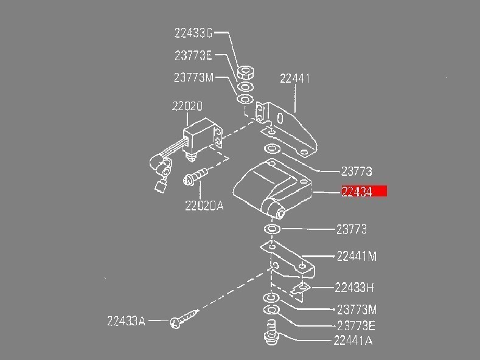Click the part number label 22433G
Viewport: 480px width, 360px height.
[193, 33]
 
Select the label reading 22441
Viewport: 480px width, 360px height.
[295, 78]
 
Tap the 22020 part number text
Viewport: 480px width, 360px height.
[187, 106]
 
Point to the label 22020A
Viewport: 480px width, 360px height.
[204, 206]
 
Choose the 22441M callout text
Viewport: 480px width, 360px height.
[356, 257]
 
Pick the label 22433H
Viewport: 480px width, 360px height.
[354, 288]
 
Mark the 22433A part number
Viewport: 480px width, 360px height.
[126, 321]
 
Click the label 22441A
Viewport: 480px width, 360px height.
[352, 341]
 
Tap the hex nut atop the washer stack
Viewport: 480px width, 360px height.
[246, 71]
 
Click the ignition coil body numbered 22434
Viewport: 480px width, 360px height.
[271, 185]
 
